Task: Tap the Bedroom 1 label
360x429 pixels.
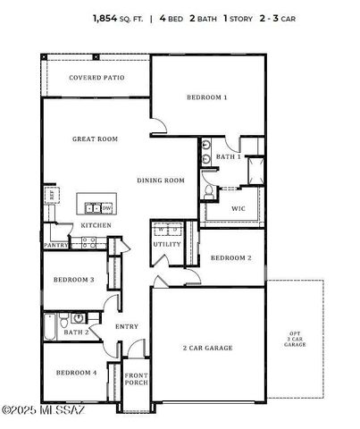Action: (x=206, y=97)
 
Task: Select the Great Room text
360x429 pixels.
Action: (x=96, y=139)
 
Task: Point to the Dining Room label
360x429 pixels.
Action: (x=161, y=180)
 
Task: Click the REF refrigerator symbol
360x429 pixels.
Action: (x=53, y=193)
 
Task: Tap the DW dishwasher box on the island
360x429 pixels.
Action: (x=105, y=207)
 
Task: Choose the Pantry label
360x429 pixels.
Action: (x=56, y=244)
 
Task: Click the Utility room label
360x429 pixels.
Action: (x=166, y=243)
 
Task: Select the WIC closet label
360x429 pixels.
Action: (x=238, y=208)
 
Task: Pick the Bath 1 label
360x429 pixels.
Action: (x=229, y=156)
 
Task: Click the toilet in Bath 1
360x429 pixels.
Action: (x=208, y=189)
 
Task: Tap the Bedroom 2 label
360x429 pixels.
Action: (x=230, y=257)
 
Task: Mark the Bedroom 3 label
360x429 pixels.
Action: (x=74, y=280)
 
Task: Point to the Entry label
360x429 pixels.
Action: (x=127, y=326)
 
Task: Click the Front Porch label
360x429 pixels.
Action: (x=136, y=379)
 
